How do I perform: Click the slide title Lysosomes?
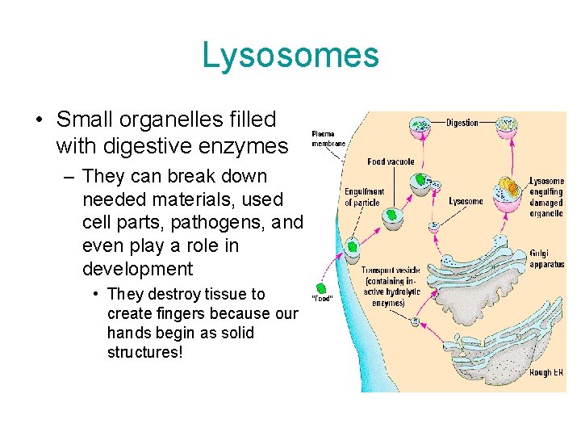290,55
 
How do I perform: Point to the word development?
137,269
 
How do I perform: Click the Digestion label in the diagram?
462,123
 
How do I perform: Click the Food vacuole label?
391,162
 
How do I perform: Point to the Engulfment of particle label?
365,197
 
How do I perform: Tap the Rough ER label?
546,372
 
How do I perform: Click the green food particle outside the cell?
320,288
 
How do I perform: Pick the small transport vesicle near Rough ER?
416,321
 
